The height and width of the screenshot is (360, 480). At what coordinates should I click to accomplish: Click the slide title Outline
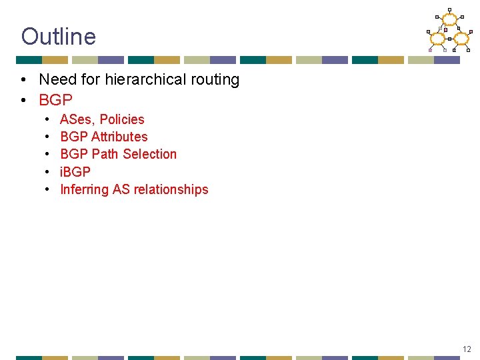(59, 37)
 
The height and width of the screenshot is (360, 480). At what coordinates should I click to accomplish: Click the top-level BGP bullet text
(55, 100)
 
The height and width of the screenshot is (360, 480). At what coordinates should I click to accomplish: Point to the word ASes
(76, 120)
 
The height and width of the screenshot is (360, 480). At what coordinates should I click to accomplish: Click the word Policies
(122, 120)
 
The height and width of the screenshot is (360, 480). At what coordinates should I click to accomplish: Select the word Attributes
(119, 137)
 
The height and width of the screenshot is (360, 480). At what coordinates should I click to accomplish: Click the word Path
(104, 155)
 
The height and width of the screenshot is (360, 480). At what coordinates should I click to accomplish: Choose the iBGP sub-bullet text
(75, 172)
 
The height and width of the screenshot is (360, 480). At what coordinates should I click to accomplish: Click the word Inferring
(84, 190)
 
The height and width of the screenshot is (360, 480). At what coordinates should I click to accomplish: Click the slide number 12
(467, 349)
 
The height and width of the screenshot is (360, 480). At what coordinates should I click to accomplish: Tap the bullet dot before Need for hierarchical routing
(23, 81)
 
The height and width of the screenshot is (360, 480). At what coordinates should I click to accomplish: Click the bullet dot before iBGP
(48, 172)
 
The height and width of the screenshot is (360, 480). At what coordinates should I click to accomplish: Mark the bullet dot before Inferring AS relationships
(48, 190)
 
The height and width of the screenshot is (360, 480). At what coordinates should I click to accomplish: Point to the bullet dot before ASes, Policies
(48, 120)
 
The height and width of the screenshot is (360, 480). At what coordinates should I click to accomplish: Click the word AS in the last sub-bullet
(121, 190)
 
